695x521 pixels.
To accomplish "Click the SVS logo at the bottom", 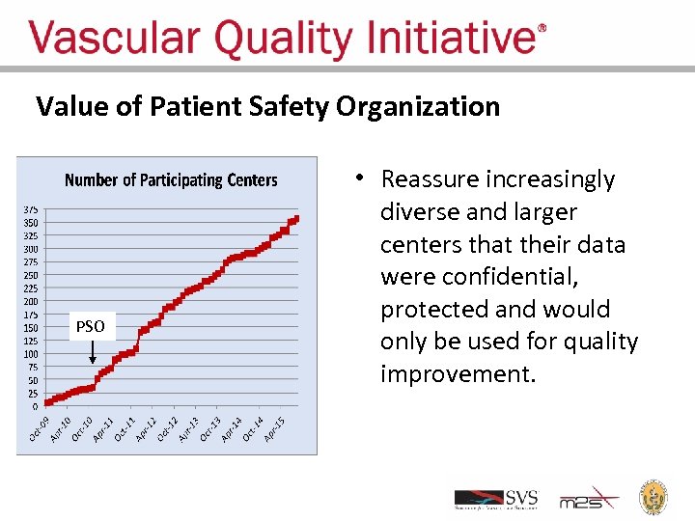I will pyautogui.click(x=495, y=499).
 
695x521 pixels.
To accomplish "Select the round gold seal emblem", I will pyautogui.click(x=655, y=496).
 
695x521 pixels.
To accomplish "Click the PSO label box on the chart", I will pyautogui.click(x=91, y=327).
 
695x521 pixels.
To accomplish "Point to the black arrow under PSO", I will pyautogui.click(x=93, y=352).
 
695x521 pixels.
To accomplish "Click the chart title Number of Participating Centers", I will pyautogui.click(x=171, y=180).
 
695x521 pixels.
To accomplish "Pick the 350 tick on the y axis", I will pyautogui.click(x=32, y=223).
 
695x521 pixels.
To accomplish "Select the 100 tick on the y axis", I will pyautogui.click(x=32, y=354).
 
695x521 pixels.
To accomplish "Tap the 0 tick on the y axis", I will pyautogui.click(x=35, y=406).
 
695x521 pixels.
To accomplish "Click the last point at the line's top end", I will pyautogui.click(x=296, y=218).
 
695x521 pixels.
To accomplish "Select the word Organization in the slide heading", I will pyautogui.click(x=418, y=106).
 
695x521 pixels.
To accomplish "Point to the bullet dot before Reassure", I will pyautogui.click(x=358, y=177).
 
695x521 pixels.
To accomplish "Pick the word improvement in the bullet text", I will pyautogui.click(x=457, y=374).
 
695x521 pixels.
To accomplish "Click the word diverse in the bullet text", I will pyautogui.click(x=425, y=212).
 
